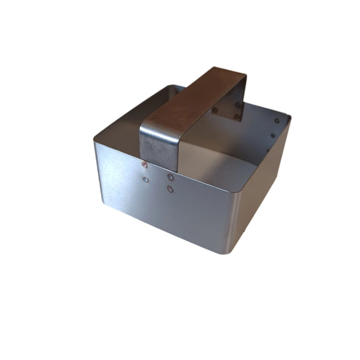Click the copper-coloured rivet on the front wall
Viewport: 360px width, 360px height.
(145, 165)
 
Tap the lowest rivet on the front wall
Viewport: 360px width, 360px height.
(170, 189)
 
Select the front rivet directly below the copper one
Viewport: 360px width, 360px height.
(146, 180)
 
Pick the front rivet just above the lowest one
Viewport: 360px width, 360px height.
(170, 177)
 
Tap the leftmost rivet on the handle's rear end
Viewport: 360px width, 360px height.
(215, 110)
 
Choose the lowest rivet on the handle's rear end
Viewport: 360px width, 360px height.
(237, 116)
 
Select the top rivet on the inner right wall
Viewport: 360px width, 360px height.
(276, 122)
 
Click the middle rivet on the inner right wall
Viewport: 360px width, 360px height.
(273, 135)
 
